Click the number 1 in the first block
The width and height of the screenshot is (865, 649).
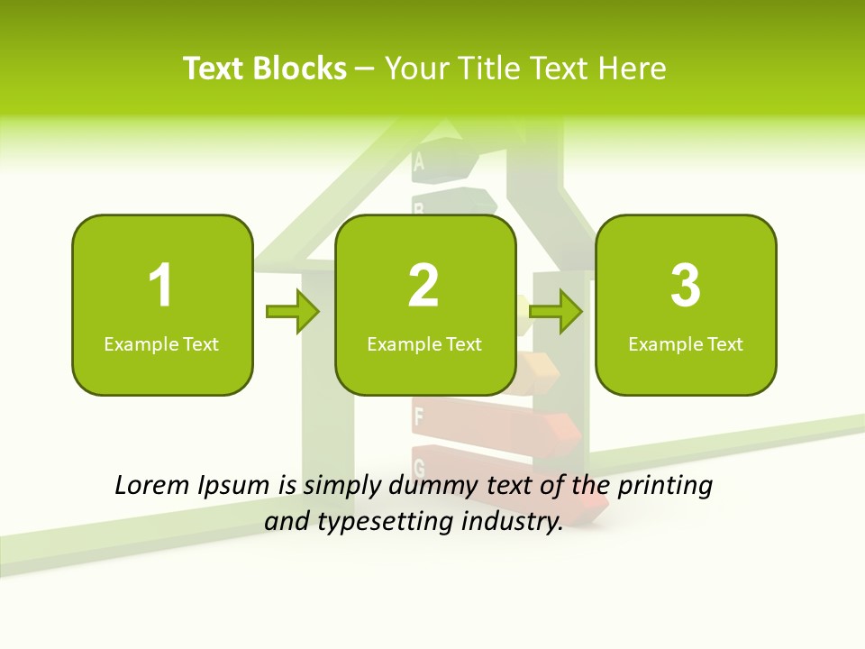point(160,286)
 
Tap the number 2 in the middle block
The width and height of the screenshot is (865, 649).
point(423,286)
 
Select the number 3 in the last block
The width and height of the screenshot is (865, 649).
point(686,286)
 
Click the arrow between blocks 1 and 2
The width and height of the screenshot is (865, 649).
point(293,313)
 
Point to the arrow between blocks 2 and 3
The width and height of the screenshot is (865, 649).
point(556,312)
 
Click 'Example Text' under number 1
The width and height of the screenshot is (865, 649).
point(161,344)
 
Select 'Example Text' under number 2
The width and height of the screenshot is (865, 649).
point(424,344)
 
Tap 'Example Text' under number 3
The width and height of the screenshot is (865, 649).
point(686,344)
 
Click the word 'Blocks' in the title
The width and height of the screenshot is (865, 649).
point(299,69)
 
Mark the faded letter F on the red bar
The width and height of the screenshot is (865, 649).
point(418,416)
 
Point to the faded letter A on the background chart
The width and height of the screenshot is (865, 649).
point(418,162)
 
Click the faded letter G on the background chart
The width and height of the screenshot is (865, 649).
point(419,466)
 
